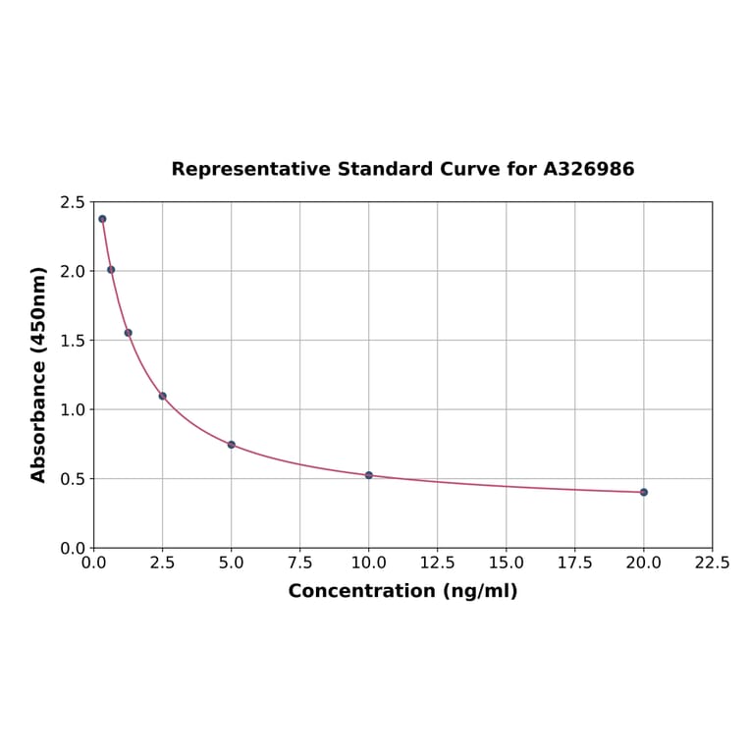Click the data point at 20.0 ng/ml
coord(644,492)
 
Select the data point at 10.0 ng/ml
coord(369,475)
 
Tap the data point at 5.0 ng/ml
coord(232,445)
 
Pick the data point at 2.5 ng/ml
coord(163,396)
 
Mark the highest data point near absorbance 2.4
coord(102,219)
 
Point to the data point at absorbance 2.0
coord(111,269)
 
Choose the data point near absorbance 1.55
coord(129,333)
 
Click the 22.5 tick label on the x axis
coord(712,563)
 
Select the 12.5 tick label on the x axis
coord(438,563)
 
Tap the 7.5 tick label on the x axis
coord(300,563)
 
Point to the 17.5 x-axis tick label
coord(575,563)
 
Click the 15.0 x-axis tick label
coord(507,563)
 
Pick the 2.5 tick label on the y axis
coord(73,202)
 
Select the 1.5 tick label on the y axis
coord(73,341)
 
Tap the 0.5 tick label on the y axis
coord(73,479)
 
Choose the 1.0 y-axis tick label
coord(73,409)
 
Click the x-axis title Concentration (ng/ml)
coord(402,591)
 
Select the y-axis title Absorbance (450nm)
coord(39,374)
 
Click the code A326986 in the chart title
coord(589,169)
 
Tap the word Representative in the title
coord(250,169)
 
